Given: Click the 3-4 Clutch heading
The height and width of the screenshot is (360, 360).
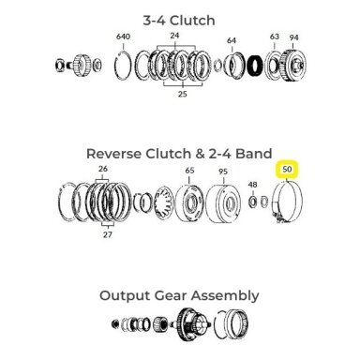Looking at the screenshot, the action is click(179, 21).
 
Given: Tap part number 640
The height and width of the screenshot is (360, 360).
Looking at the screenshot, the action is click(123, 37).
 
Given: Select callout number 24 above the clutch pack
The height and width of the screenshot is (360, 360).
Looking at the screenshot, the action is click(174, 36).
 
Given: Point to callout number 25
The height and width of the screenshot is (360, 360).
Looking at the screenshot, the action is click(183, 94).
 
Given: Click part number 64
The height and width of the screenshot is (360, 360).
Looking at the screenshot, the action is click(232, 40).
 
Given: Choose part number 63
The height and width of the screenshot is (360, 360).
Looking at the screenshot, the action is click(275, 37).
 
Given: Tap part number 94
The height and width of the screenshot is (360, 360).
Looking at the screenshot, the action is click(293, 37).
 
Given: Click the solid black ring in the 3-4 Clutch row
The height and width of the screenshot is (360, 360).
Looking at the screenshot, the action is click(255, 67).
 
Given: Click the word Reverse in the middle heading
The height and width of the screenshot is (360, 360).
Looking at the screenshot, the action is click(114, 154).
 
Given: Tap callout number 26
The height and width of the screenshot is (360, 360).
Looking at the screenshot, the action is click(103, 169).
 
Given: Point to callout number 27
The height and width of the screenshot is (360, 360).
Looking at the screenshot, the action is click(107, 234).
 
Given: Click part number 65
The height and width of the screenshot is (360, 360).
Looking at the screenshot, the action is click(189, 171).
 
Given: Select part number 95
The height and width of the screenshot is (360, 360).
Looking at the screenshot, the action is click(223, 172).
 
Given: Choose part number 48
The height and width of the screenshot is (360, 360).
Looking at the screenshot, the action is click(252, 185).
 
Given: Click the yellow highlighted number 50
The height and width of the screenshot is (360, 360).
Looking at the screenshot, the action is click(287, 170).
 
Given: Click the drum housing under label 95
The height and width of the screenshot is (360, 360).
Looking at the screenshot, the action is click(224, 203).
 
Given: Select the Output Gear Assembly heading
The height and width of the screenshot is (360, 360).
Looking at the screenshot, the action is click(179, 295).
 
